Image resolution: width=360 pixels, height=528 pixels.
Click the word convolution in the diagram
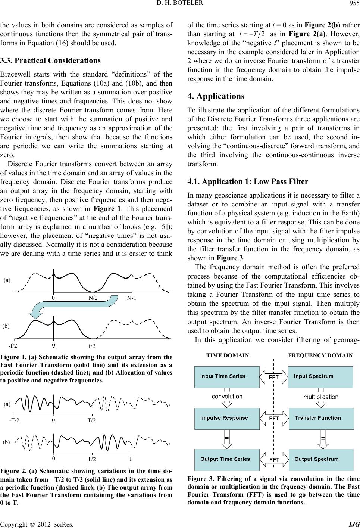tap(227, 397)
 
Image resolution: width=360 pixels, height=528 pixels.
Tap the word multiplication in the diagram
tap(321, 397)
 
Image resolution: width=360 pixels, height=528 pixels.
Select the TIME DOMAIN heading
tap(228, 355)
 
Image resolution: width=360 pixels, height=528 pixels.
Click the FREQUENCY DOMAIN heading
tap(320, 355)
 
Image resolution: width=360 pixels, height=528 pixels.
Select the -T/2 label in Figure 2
tap(15, 420)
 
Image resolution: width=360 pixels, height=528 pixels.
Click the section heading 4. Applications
tap(214, 96)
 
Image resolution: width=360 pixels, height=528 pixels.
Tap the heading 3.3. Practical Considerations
tap(50, 60)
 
